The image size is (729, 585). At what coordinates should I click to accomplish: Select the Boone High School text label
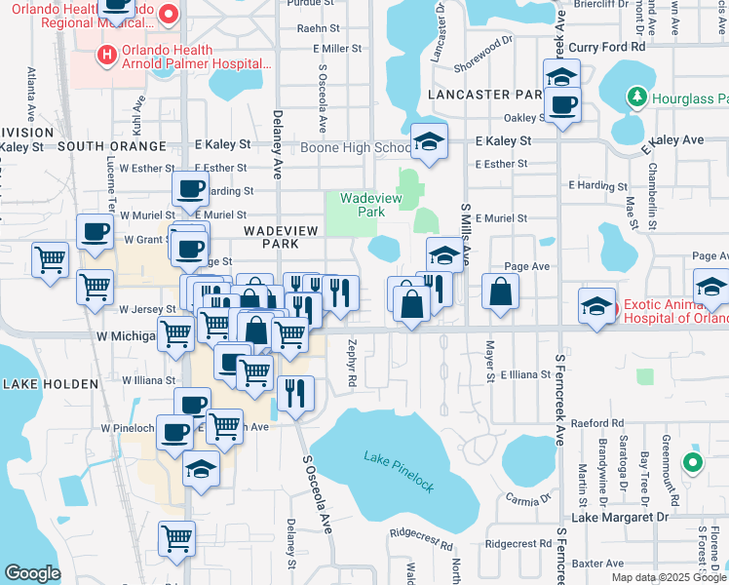pyautogui.click(x=356, y=147)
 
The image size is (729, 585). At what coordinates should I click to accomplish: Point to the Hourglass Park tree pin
pyautogui.click(x=636, y=97)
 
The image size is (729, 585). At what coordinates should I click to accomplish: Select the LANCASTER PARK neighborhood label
pyautogui.click(x=483, y=95)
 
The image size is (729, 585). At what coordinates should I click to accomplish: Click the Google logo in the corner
pyautogui.click(x=32, y=572)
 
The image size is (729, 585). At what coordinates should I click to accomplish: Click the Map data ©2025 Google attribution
pyautogui.click(x=669, y=577)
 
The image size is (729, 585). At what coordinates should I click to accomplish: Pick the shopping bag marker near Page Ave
pyautogui.click(x=500, y=291)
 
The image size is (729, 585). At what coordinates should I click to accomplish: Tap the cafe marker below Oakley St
pyautogui.click(x=562, y=105)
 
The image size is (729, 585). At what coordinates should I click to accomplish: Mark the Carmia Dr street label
pyautogui.click(x=528, y=497)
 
